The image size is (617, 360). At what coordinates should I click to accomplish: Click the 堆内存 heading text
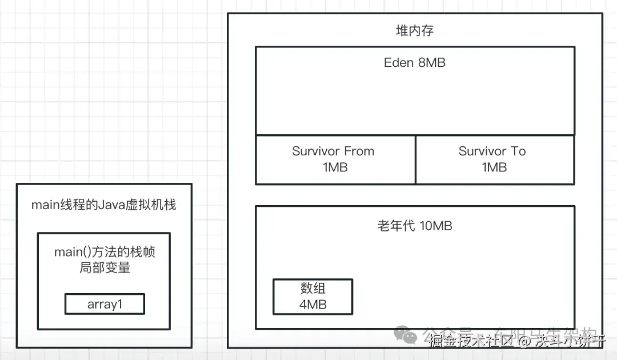coord(415,31)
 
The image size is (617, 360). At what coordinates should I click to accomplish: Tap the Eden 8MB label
coord(415,63)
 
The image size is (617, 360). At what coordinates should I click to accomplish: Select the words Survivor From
coord(333,151)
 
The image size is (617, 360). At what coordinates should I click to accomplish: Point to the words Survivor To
coord(492,151)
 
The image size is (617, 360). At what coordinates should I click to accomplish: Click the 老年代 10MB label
coord(415,226)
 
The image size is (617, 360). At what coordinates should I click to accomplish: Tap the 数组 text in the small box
coord(313,288)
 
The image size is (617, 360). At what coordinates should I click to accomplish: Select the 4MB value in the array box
coord(313,305)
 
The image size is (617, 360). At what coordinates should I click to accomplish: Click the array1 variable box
coord(105,304)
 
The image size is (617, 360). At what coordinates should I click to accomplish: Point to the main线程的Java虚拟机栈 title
coord(104,205)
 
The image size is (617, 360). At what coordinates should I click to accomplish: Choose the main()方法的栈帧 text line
coord(105,252)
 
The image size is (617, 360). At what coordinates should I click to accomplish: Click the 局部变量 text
coord(105,267)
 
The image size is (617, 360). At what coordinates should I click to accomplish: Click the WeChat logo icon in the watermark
coord(408,335)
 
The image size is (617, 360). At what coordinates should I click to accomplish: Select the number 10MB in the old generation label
coord(436,226)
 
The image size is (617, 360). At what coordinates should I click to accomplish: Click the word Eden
coord(399,63)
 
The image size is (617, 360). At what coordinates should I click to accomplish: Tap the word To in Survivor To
coord(518,151)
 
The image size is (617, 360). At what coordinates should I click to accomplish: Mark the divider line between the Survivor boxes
coord(415,160)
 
